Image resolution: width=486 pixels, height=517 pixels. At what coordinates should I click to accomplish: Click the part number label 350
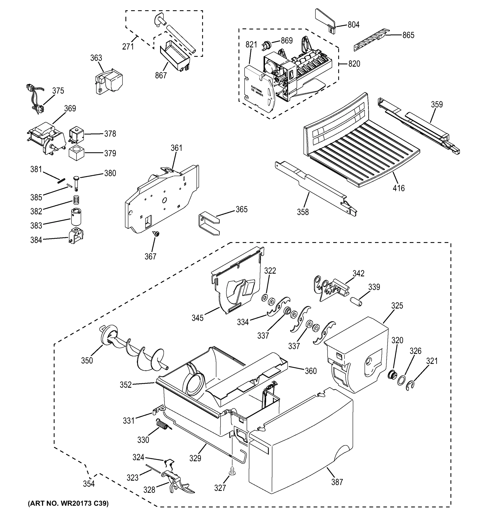pos(87,360)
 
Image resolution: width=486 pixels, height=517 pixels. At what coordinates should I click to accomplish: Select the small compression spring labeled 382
pos(76,200)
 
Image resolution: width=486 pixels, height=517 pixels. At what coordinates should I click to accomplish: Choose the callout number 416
pos(398,188)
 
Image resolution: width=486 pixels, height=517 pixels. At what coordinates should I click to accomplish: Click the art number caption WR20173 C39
pos(68,503)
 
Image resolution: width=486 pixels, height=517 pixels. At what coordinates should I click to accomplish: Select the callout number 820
pos(354,64)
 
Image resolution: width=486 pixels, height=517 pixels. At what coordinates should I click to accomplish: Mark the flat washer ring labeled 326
pos(401,380)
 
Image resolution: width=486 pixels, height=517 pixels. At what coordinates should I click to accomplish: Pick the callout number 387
pos(337,482)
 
